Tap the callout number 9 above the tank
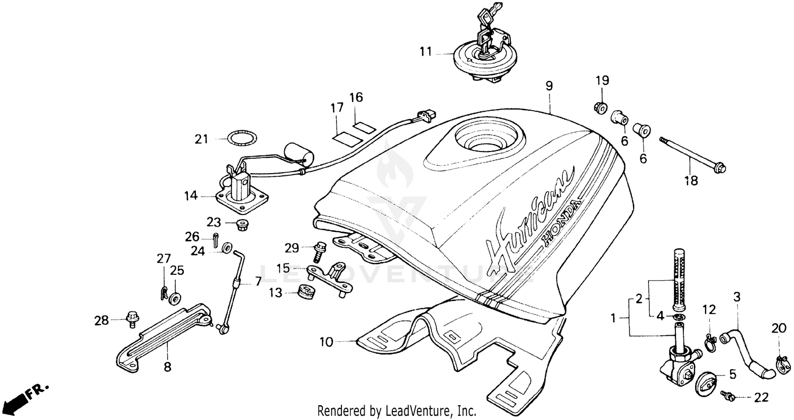point(549,85)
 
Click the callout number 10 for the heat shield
point(326,342)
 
